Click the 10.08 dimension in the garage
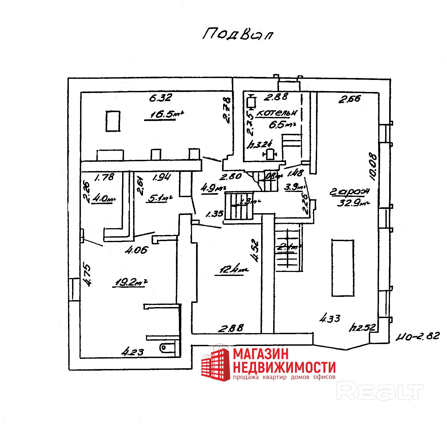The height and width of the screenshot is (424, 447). click(373, 167)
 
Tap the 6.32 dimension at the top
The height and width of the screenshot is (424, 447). click(160, 98)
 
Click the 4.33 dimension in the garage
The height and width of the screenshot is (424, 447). click(330, 319)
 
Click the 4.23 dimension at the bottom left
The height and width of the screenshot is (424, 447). click(133, 352)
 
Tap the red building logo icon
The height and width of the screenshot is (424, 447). click(216, 364)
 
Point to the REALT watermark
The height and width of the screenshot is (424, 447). click(380, 392)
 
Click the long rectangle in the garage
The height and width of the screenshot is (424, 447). click(343, 268)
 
